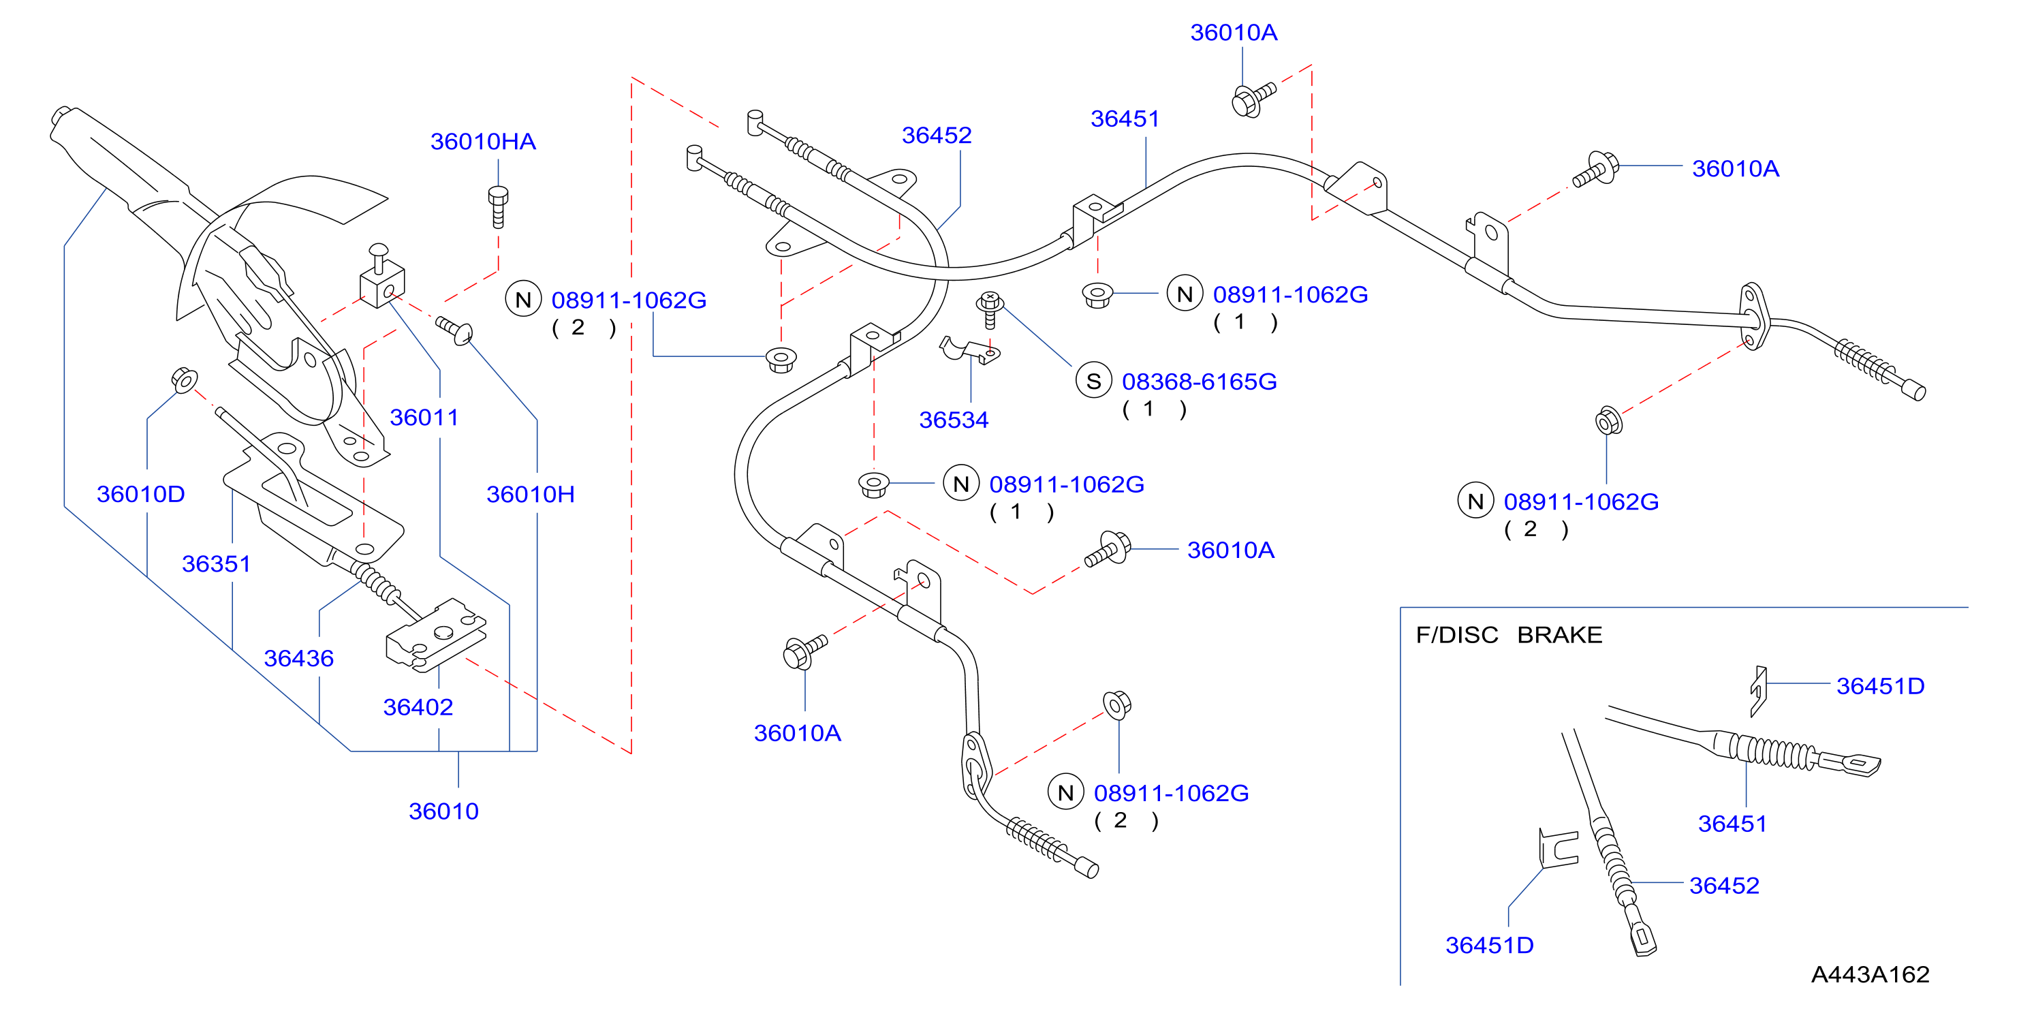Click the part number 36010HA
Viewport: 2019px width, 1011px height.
tap(483, 142)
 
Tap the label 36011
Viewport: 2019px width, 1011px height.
tap(424, 418)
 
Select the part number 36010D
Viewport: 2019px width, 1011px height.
tap(141, 495)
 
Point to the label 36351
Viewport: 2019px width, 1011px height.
tap(217, 564)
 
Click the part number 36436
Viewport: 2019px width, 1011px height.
tap(298, 658)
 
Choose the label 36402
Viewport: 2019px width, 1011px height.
tap(418, 708)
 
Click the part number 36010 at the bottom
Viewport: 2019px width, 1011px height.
tap(443, 811)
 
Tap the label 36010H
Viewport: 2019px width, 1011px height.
tap(531, 495)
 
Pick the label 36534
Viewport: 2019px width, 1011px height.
tap(954, 420)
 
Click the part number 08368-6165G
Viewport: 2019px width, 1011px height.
tap(1199, 382)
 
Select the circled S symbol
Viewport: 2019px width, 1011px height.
tap(1093, 382)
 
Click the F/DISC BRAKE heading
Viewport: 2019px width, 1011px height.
tap(1509, 635)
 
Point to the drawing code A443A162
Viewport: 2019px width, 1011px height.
tap(1870, 975)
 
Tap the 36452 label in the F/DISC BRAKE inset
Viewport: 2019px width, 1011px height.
tap(1724, 886)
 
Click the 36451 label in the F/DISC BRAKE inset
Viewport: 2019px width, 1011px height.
tap(1732, 824)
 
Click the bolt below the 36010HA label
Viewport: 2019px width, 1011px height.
tap(498, 206)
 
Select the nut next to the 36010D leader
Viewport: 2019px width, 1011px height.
tap(184, 380)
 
